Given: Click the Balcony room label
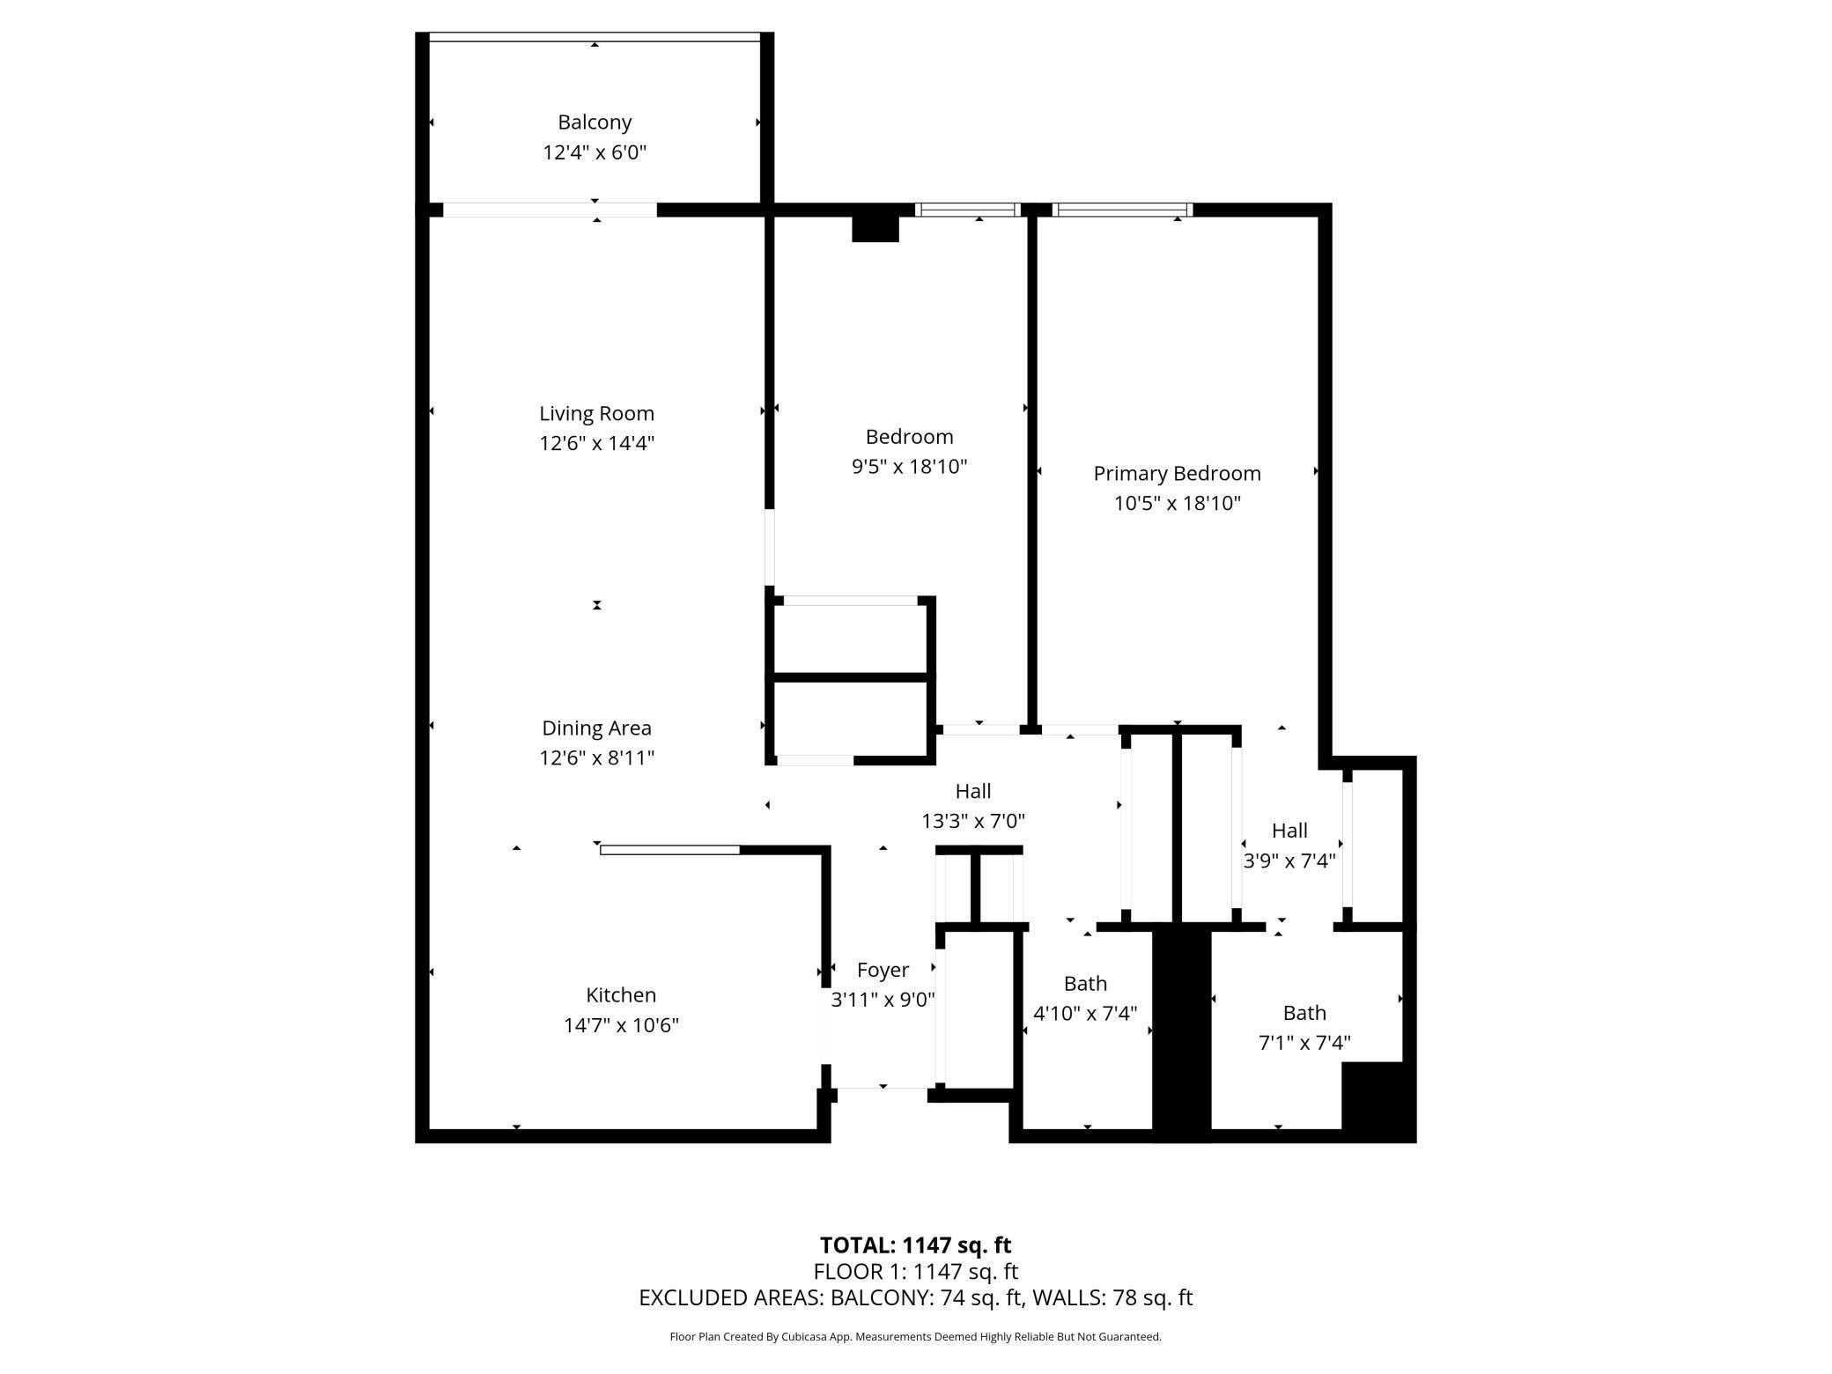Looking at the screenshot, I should point(595,122).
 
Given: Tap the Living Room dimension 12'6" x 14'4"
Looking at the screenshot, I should point(596,443).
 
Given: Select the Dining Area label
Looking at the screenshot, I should point(596,728).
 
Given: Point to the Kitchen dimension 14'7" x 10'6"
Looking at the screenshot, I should point(621,1025).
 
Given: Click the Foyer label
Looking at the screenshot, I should point(883,970).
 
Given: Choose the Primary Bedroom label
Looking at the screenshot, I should point(1177,474).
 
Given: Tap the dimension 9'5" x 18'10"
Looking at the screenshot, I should point(909,467).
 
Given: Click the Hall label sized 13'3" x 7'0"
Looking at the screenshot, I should point(972,792).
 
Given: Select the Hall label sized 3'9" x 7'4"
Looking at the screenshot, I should point(1289,831).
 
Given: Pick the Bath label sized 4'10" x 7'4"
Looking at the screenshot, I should point(1084,984).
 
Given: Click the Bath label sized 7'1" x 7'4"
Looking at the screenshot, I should point(1304,1013).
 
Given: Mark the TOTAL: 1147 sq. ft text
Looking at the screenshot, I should point(915,1245).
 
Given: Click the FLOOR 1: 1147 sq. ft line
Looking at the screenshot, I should point(915,1272).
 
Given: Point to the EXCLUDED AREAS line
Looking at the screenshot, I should point(915,1298).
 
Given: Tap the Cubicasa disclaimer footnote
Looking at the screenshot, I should point(915,1337).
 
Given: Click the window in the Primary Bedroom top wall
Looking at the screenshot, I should point(1122,210).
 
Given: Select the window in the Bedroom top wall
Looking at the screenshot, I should point(967,210).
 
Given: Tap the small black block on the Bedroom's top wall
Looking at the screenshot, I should point(875,227).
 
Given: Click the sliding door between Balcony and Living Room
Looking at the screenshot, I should point(550,210).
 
